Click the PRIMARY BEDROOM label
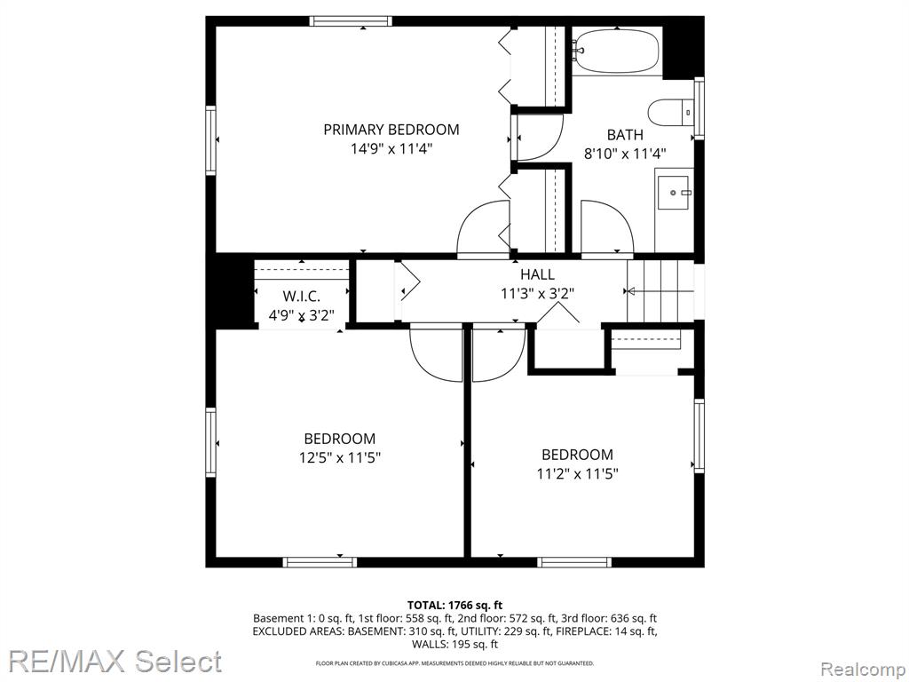(391, 130)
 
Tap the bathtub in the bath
(616, 51)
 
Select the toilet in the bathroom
(671, 112)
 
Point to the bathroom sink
(675, 191)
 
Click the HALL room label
(537, 274)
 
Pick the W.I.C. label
(302, 297)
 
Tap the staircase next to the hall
(660, 290)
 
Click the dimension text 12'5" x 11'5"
(340, 457)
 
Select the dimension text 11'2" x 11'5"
(577, 474)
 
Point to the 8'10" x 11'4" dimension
(625, 154)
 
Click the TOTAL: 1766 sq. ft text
(454, 606)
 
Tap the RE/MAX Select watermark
(115, 662)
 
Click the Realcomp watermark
(863, 670)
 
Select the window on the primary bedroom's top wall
(350, 21)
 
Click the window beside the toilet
(700, 107)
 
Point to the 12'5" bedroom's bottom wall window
(320, 562)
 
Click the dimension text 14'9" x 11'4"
(391, 149)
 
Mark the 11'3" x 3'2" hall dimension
(537, 293)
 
